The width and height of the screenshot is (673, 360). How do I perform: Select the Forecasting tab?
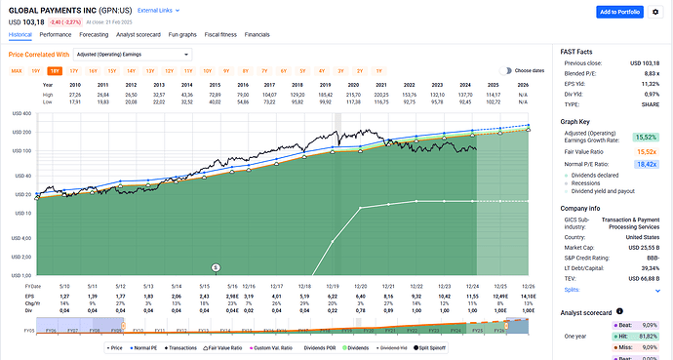[100, 34]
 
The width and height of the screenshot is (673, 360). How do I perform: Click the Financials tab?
[257, 34]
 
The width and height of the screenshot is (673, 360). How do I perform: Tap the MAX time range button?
[16, 71]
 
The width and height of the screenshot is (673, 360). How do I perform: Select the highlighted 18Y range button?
[55, 71]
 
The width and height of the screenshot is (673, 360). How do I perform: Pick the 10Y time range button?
[207, 71]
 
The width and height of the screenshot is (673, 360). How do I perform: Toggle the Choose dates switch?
[506, 71]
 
